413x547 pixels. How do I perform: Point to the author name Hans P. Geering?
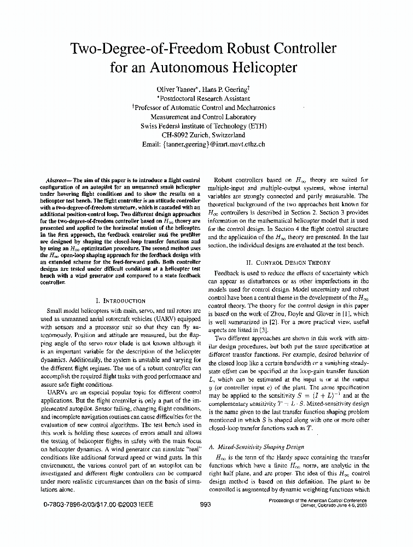(x=223, y=89)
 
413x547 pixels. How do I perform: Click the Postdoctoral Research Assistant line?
(x=204, y=98)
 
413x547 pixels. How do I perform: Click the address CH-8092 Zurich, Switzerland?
(x=203, y=135)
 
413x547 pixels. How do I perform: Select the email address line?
(x=203, y=144)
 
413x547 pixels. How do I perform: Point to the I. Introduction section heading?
(x=120, y=300)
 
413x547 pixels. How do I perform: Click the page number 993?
(x=206, y=504)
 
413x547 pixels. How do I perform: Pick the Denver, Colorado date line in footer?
(x=334, y=506)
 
